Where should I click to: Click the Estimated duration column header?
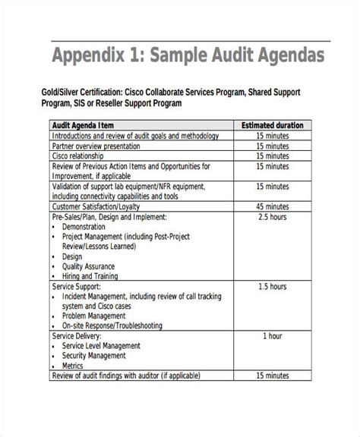click(272, 124)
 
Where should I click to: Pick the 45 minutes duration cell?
click(271, 205)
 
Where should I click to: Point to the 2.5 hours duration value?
click(271, 216)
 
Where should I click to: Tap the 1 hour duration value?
click(271, 335)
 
